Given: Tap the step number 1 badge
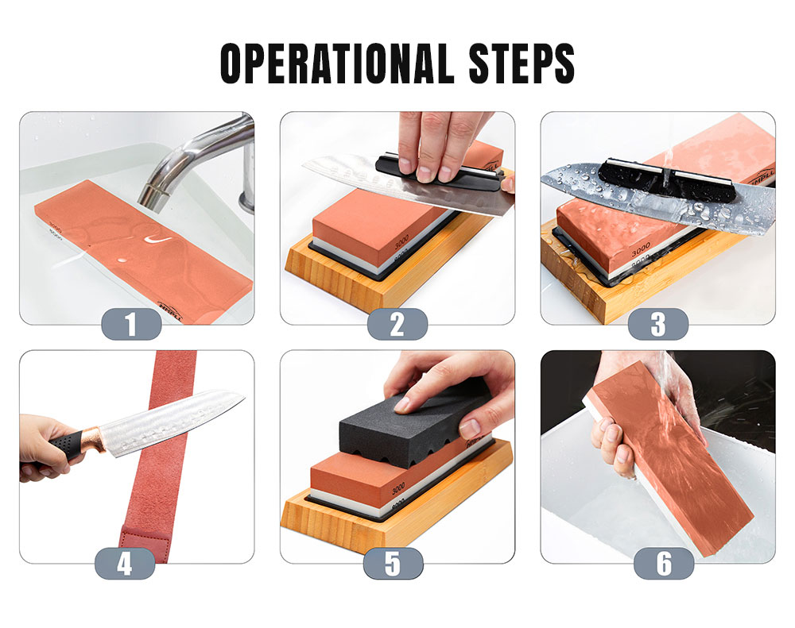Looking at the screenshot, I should (131, 324).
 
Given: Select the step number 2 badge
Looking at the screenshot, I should (397, 324).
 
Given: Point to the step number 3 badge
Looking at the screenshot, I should (657, 324).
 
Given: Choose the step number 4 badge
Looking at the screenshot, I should (125, 563).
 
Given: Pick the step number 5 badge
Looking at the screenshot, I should (393, 563).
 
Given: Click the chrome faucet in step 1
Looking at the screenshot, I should (195, 155).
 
